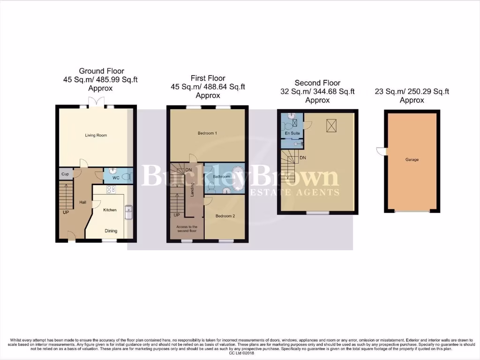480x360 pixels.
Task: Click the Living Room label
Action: coord(96,135)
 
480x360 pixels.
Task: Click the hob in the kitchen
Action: coord(111,190)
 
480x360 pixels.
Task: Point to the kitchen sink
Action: coord(128,212)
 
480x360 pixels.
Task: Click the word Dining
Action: coord(111,231)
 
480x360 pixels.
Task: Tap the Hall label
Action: coord(82,202)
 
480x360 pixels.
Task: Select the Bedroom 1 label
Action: coord(207,134)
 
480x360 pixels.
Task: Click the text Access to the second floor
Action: coord(187,229)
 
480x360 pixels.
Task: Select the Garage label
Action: coord(412,160)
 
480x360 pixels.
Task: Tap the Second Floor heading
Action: coord(317,83)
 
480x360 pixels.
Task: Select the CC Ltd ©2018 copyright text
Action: coord(240,353)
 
